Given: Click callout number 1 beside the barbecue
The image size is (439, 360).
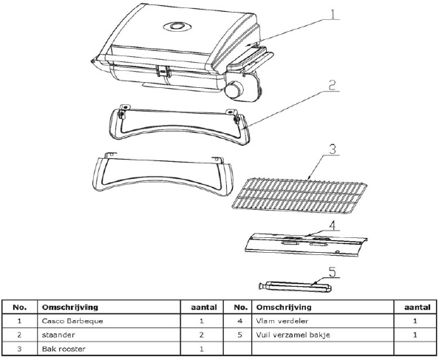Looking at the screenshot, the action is pyautogui.click(x=333, y=14).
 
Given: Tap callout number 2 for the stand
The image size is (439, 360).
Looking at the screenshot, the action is pyautogui.click(x=332, y=85).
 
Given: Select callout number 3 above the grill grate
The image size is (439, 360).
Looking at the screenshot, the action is pyautogui.click(x=333, y=149).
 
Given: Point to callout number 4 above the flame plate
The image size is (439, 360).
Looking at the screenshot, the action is pyautogui.click(x=332, y=225).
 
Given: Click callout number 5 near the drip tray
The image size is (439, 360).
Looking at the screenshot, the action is pyautogui.click(x=332, y=272).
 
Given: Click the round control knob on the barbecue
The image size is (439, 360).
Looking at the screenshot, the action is pyautogui.click(x=234, y=89).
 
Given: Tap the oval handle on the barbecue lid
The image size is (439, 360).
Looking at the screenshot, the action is pyautogui.click(x=177, y=27).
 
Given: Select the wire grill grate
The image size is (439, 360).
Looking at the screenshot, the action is pyautogui.click(x=299, y=194).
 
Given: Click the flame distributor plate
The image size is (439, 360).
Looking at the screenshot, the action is pyautogui.click(x=306, y=244).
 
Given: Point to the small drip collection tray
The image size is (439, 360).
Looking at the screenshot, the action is pyautogui.click(x=295, y=287).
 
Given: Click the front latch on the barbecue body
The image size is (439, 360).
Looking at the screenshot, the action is pyautogui.click(x=164, y=70).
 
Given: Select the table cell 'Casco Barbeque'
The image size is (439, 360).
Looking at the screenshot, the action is pyautogui.click(x=72, y=321).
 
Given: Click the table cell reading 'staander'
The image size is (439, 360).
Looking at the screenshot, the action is pyautogui.click(x=58, y=335).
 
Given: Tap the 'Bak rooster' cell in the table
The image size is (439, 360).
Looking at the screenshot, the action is pyautogui.click(x=64, y=349).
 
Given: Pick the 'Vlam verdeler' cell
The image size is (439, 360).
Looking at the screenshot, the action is pyautogui.click(x=282, y=321).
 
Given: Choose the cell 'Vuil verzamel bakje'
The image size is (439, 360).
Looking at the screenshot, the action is pyautogui.click(x=293, y=335).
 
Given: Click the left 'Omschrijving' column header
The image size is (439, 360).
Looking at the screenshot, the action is pyautogui.click(x=70, y=307).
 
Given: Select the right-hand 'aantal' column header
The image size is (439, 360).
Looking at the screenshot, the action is pyautogui.click(x=417, y=308).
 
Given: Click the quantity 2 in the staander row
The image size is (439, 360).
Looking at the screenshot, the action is pyautogui.click(x=201, y=335).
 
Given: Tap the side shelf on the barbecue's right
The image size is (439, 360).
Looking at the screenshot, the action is pyautogui.click(x=251, y=59).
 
